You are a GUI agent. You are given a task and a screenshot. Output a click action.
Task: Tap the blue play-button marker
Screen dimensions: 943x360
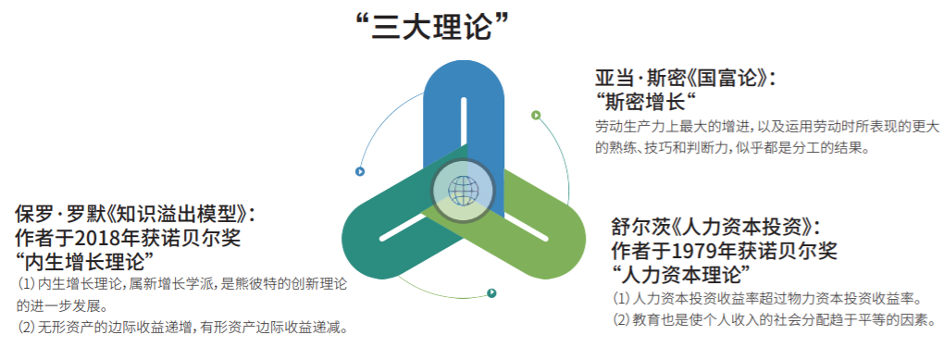360,172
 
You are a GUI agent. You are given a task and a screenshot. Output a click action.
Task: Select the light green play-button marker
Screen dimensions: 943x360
536,116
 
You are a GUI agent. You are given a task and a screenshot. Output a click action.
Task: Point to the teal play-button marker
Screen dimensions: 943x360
492,293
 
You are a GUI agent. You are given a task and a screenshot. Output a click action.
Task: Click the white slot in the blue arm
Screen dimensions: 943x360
464,129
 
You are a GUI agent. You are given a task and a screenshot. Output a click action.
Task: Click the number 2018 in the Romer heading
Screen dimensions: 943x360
97,239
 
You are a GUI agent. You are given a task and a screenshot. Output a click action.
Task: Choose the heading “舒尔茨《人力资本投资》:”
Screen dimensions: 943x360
715,227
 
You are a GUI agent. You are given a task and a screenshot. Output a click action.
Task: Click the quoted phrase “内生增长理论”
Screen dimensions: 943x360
83,262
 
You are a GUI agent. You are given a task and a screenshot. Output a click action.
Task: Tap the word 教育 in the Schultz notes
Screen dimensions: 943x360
645,319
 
